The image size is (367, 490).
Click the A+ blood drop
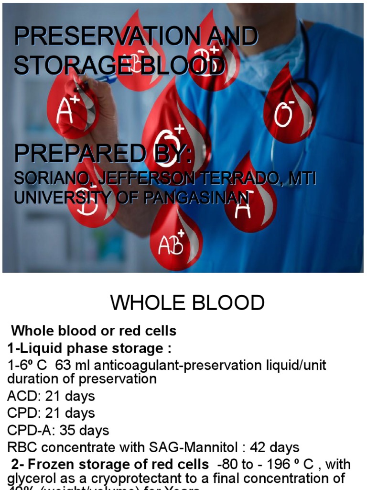pyautogui.click(x=72, y=108)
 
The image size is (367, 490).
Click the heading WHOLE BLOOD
pyautogui.click(x=187, y=303)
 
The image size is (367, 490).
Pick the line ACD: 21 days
pyautogui.click(x=51, y=396)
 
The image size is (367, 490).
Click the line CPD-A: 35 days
pyautogui.click(x=58, y=430)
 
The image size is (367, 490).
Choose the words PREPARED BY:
pyautogui.click(x=103, y=153)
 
